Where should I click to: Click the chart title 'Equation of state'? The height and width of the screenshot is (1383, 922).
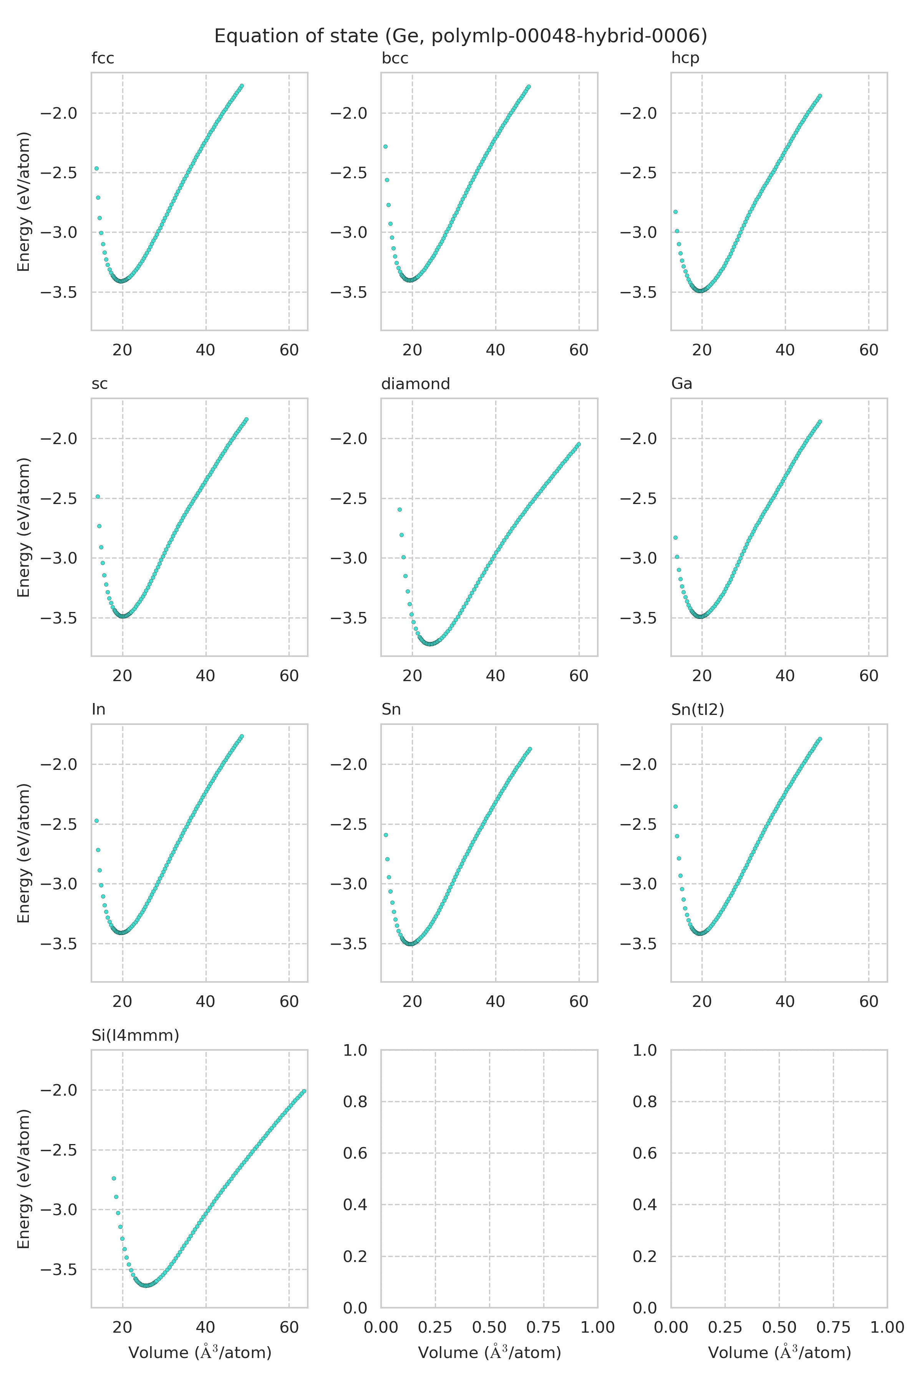click(x=460, y=36)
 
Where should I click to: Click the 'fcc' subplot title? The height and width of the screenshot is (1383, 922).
click(x=103, y=58)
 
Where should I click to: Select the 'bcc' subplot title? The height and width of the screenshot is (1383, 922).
click(x=395, y=58)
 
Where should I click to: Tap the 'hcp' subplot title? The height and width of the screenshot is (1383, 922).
click(x=685, y=58)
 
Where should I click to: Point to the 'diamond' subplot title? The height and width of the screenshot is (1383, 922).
click(x=415, y=384)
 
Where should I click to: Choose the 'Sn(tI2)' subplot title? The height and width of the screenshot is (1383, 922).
click(x=697, y=710)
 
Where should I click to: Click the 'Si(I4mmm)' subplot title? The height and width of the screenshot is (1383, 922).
click(x=135, y=1035)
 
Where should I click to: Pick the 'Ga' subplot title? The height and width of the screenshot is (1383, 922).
click(x=682, y=384)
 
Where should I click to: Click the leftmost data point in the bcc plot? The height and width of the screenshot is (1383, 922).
click(x=385, y=146)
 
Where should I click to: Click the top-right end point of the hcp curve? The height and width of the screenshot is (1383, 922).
click(x=820, y=95)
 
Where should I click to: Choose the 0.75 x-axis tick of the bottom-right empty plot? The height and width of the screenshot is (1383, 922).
click(x=833, y=1328)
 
